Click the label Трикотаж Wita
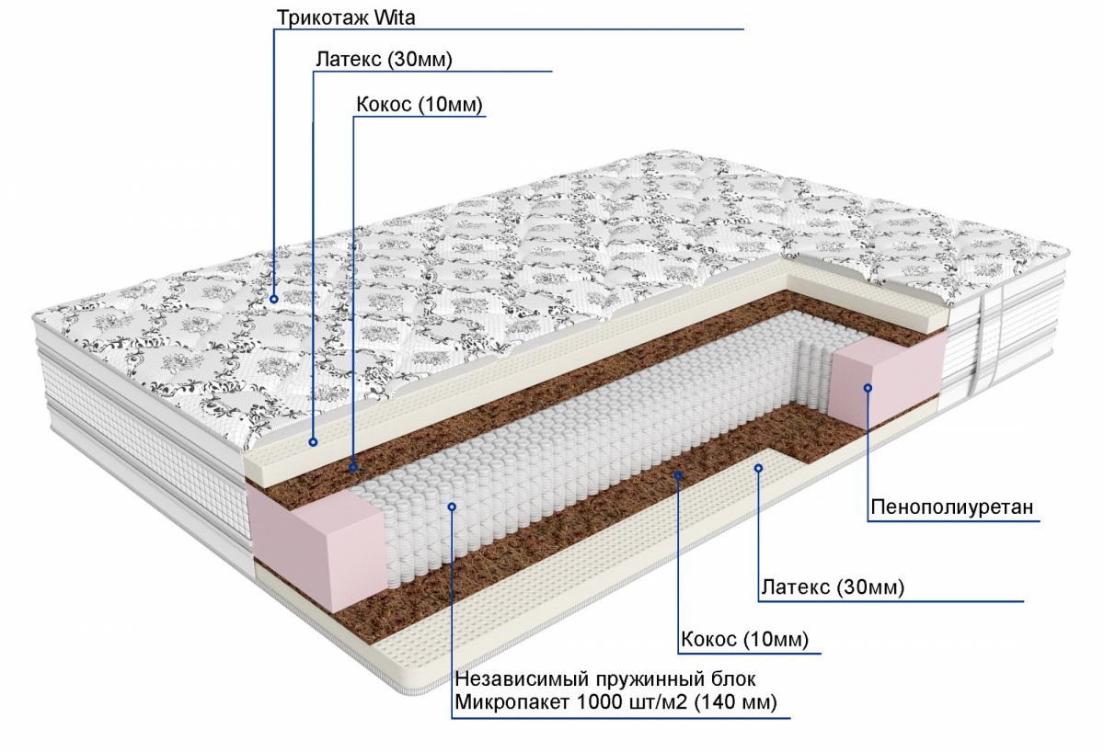click(x=346, y=17)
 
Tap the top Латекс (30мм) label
click(x=384, y=59)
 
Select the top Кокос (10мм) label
click(x=420, y=105)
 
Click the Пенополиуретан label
click(x=951, y=507)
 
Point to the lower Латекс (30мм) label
click(x=833, y=587)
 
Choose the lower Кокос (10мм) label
click(x=744, y=639)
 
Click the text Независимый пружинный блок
click(x=605, y=679)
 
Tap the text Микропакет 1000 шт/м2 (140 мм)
click(x=615, y=702)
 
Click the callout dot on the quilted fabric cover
click(x=274, y=299)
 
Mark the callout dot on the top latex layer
click(x=313, y=442)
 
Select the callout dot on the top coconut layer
click(x=353, y=466)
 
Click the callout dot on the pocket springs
click(x=452, y=507)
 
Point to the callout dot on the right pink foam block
click(x=868, y=388)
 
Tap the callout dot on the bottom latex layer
click(x=758, y=468)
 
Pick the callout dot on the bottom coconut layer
click(x=678, y=474)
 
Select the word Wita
click(x=395, y=17)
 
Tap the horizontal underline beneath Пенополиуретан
click(x=953, y=521)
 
